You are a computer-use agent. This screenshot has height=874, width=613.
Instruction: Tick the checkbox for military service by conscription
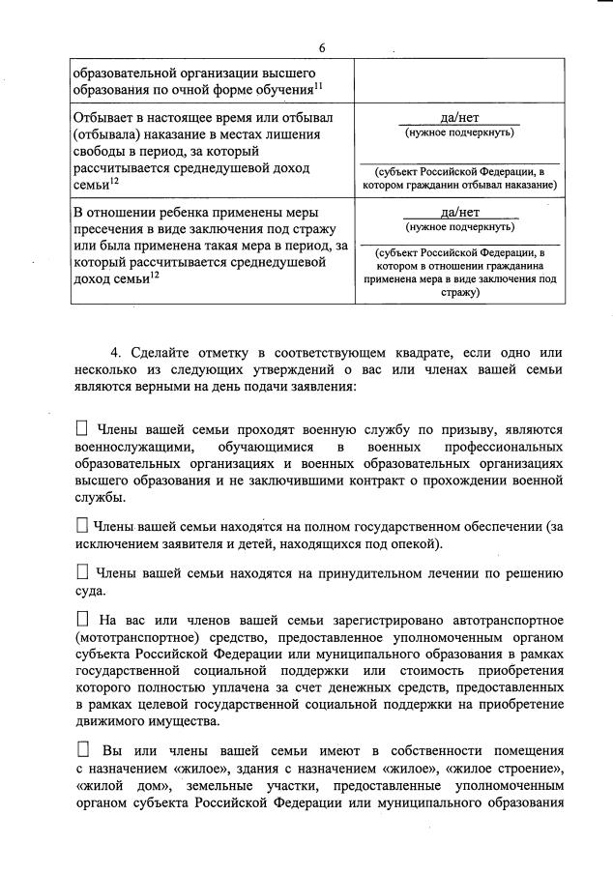81,428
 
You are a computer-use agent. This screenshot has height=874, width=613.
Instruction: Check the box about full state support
81,525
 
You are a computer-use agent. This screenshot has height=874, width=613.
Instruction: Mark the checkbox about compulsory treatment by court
81,572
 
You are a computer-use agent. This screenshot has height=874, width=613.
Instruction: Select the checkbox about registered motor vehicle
81,619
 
